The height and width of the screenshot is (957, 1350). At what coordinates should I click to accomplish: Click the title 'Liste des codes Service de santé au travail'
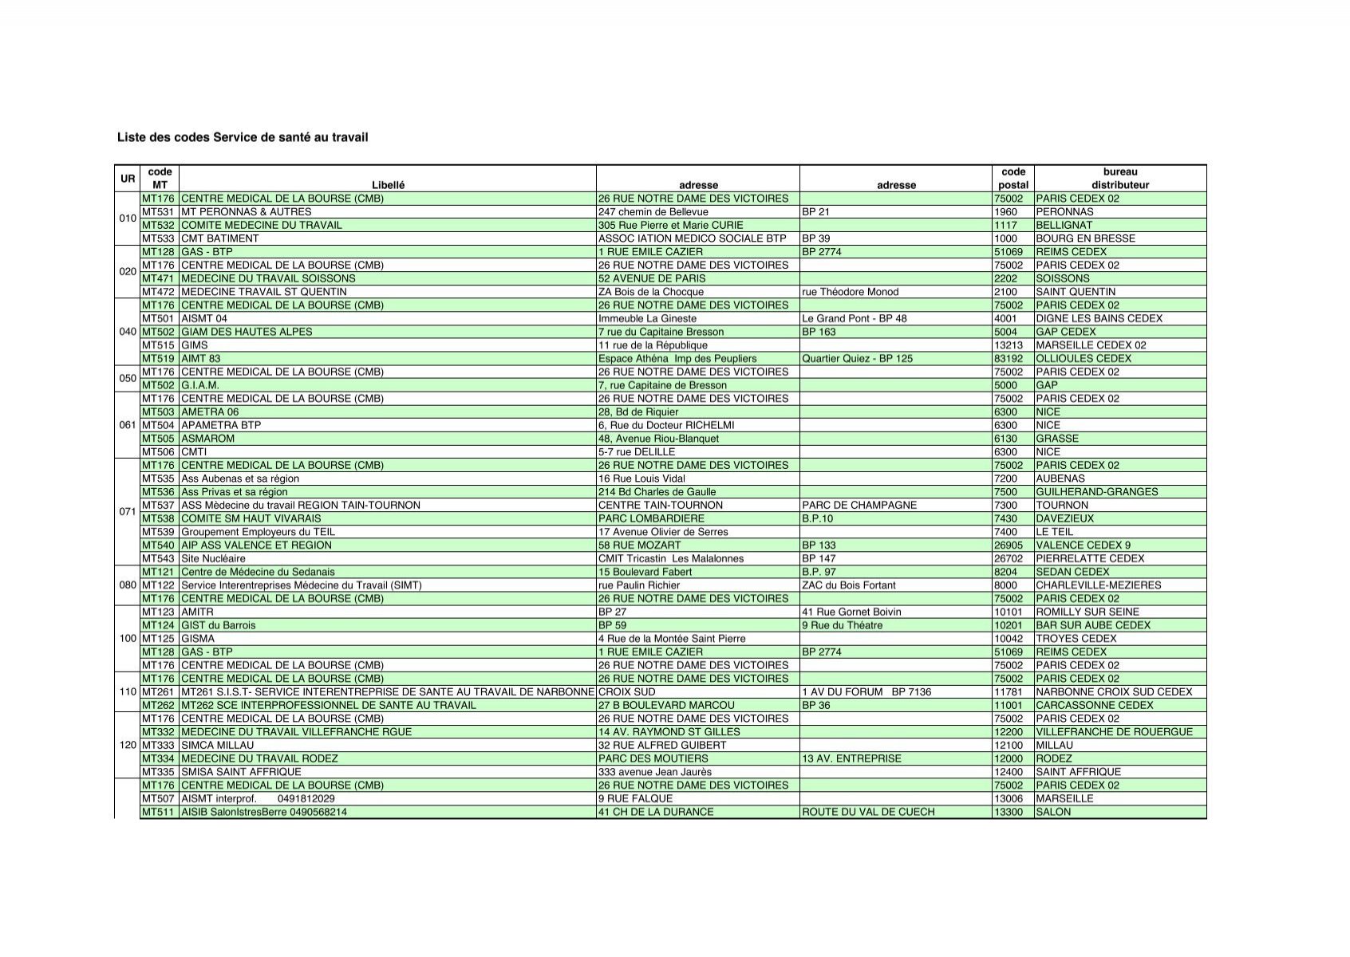tap(243, 138)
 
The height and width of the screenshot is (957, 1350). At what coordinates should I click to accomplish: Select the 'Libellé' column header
tap(388, 185)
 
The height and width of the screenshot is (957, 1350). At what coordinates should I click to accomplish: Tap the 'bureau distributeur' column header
tap(1120, 178)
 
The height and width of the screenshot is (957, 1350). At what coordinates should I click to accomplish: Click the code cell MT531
tap(158, 212)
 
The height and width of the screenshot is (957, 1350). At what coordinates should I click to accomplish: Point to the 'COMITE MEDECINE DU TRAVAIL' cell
tap(262, 225)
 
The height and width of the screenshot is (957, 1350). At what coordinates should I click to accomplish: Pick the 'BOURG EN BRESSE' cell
tap(1085, 238)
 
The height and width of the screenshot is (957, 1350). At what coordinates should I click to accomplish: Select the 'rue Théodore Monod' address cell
tap(850, 292)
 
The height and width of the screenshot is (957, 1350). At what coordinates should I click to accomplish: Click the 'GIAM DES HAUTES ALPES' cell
tap(247, 332)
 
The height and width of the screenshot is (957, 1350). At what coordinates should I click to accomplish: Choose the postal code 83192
tap(1009, 359)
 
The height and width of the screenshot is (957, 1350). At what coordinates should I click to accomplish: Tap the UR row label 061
tap(128, 425)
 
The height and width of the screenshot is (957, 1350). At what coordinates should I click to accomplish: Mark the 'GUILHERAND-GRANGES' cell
tap(1096, 492)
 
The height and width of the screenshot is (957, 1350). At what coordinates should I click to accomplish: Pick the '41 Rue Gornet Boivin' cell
tap(851, 612)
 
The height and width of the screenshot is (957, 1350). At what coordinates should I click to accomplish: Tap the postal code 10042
tap(1009, 639)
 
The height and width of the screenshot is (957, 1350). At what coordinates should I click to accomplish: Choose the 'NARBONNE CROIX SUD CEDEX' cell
tap(1114, 692)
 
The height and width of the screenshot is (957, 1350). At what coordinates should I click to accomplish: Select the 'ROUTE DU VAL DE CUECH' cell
tap(868, 812)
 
